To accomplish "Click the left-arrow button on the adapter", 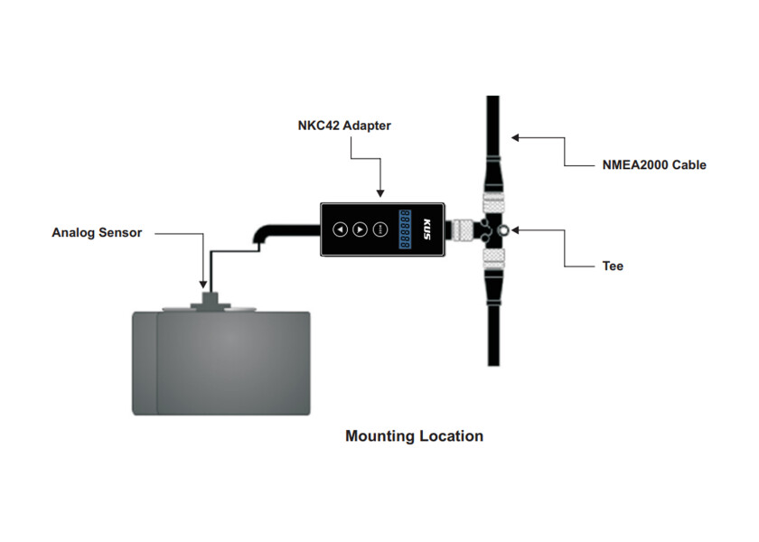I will [x=340, y=229].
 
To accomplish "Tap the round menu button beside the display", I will [x=379, y=229].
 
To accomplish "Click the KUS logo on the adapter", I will [x=428, y=229].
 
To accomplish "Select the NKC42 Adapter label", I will [x=344, y=126].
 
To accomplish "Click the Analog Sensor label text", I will [x=97, y=233].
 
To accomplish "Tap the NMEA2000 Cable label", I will [x=654, y=165].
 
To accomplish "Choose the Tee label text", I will [x=613, y=266].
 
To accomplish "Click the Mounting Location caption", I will [x=414, y=436].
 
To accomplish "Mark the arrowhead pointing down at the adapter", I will [x=379, y=192].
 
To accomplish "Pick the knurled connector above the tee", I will [x=493, y=202].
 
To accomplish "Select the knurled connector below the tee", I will [x=493, y=260].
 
